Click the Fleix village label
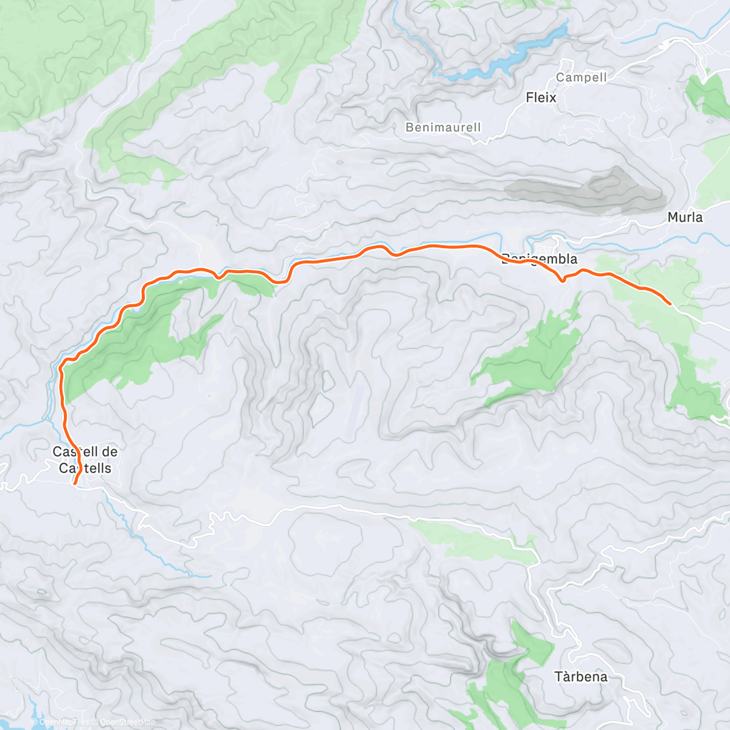pos(541,97)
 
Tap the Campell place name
pos(581,77)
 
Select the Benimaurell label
pos(443,127)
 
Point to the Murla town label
pos(684,217)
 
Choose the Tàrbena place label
pos(580,676)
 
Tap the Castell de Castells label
pos(85,460)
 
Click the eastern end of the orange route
pos(670,303)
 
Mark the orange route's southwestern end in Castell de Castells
pos(74,484)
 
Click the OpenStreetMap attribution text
pos(129,722)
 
